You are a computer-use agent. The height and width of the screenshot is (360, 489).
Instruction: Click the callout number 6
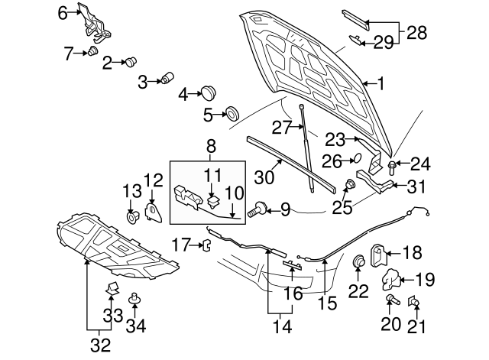click(63, 11)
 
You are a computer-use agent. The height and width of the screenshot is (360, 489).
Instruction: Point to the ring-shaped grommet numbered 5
click(229, 115)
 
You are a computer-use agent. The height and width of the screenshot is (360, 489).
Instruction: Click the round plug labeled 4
click(207, 93)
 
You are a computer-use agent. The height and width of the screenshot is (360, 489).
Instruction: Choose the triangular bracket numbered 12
click(152, 211)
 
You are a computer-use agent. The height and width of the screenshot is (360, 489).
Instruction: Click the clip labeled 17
click(206, 245)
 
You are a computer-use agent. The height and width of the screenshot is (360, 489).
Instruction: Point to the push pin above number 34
click(135, 297)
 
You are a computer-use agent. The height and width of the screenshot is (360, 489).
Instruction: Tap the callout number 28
click(417, 33)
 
